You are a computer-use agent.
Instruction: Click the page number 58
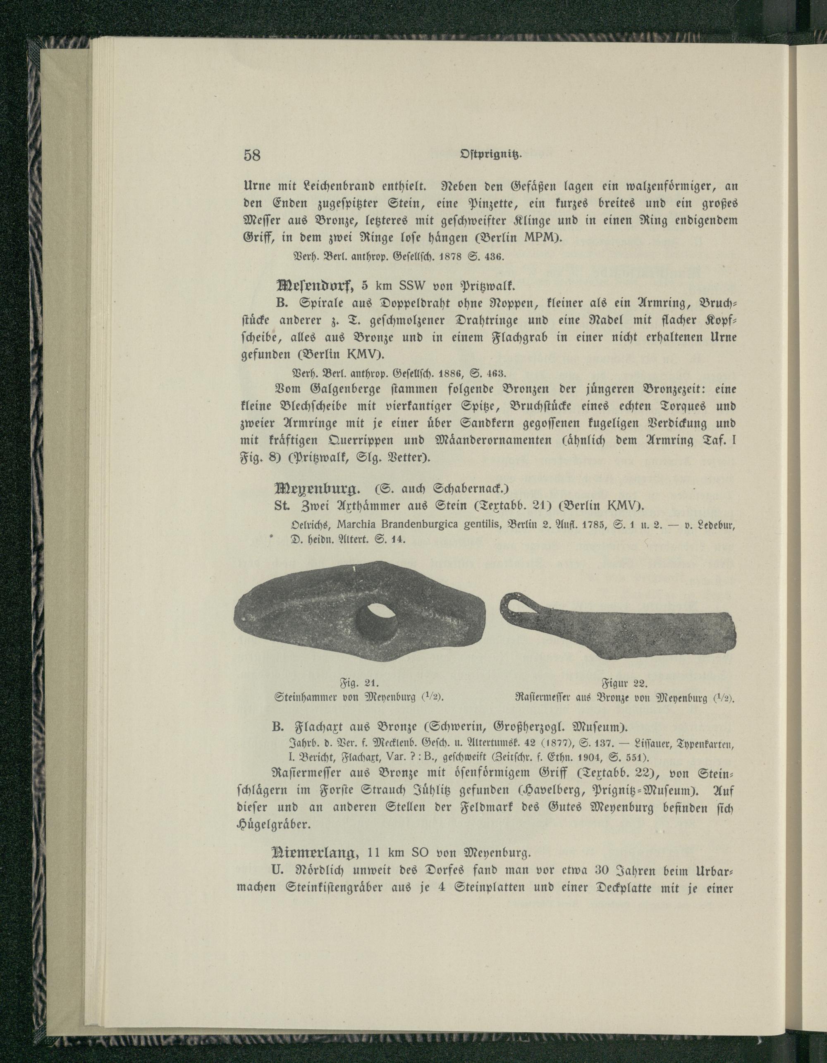252,156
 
